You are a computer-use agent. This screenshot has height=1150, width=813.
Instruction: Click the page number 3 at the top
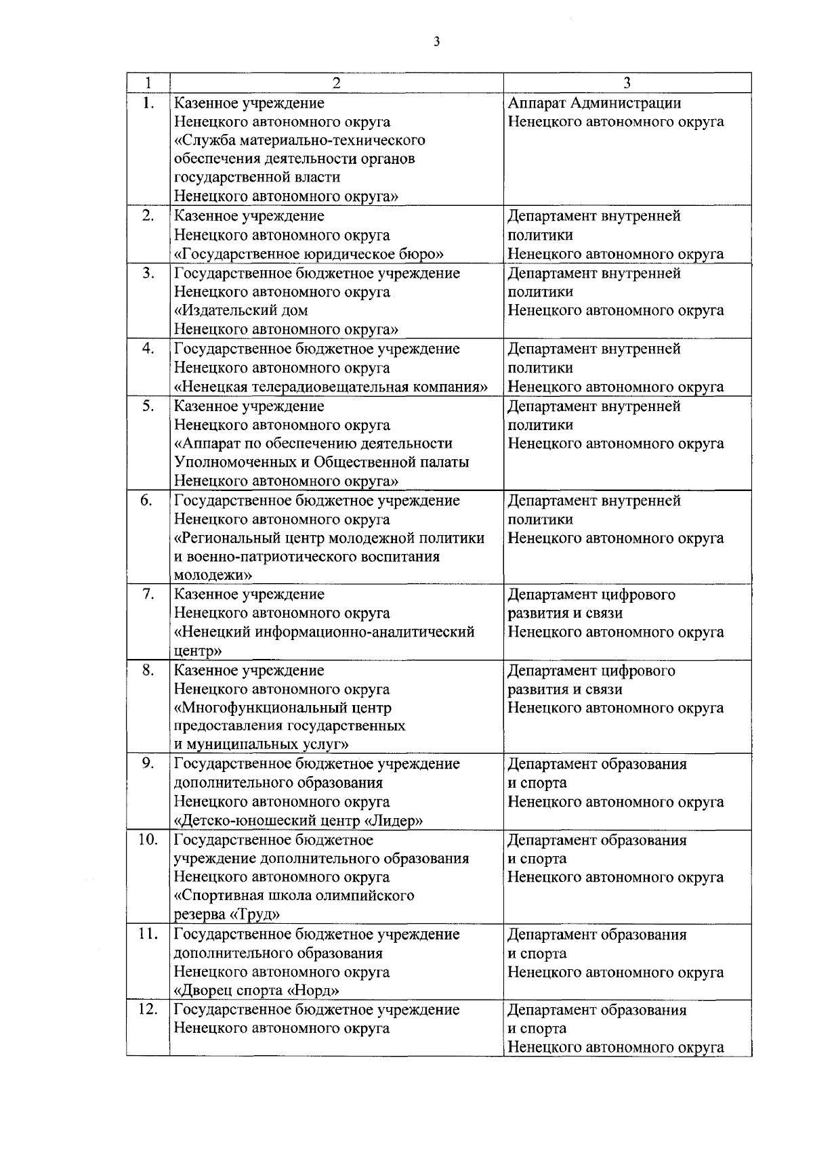(x=437, y=42)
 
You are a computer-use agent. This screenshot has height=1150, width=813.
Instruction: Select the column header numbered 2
(x=336, y=83)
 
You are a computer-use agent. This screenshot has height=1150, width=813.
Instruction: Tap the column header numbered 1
(x=148, y=83)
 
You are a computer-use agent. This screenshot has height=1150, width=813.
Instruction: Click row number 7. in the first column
(x=148, y=594)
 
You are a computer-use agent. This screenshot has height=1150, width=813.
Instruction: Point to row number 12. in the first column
(x=148, y=1009)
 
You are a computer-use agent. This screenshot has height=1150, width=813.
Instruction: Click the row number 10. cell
(x=148, y=840)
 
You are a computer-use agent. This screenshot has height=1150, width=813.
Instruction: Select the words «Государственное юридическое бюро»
(x=309, y=254)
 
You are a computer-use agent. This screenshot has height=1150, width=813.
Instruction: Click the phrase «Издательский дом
(x=241, y=310)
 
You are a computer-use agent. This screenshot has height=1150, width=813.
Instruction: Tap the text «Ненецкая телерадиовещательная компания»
(x=331, y=387)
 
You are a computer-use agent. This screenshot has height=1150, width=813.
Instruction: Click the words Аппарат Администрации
(x=595, y=103)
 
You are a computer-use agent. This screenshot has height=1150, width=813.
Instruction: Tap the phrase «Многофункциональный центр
(x=283, y=708)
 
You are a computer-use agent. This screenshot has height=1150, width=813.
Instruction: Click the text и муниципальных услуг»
(x=262, y=745)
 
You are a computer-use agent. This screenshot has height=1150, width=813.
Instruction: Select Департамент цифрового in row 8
(x=591, y=670)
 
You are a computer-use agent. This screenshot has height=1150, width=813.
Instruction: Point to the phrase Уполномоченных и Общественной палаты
(x=322, y=462)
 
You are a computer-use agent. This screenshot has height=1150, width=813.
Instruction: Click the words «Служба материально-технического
(x=300, y=140)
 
